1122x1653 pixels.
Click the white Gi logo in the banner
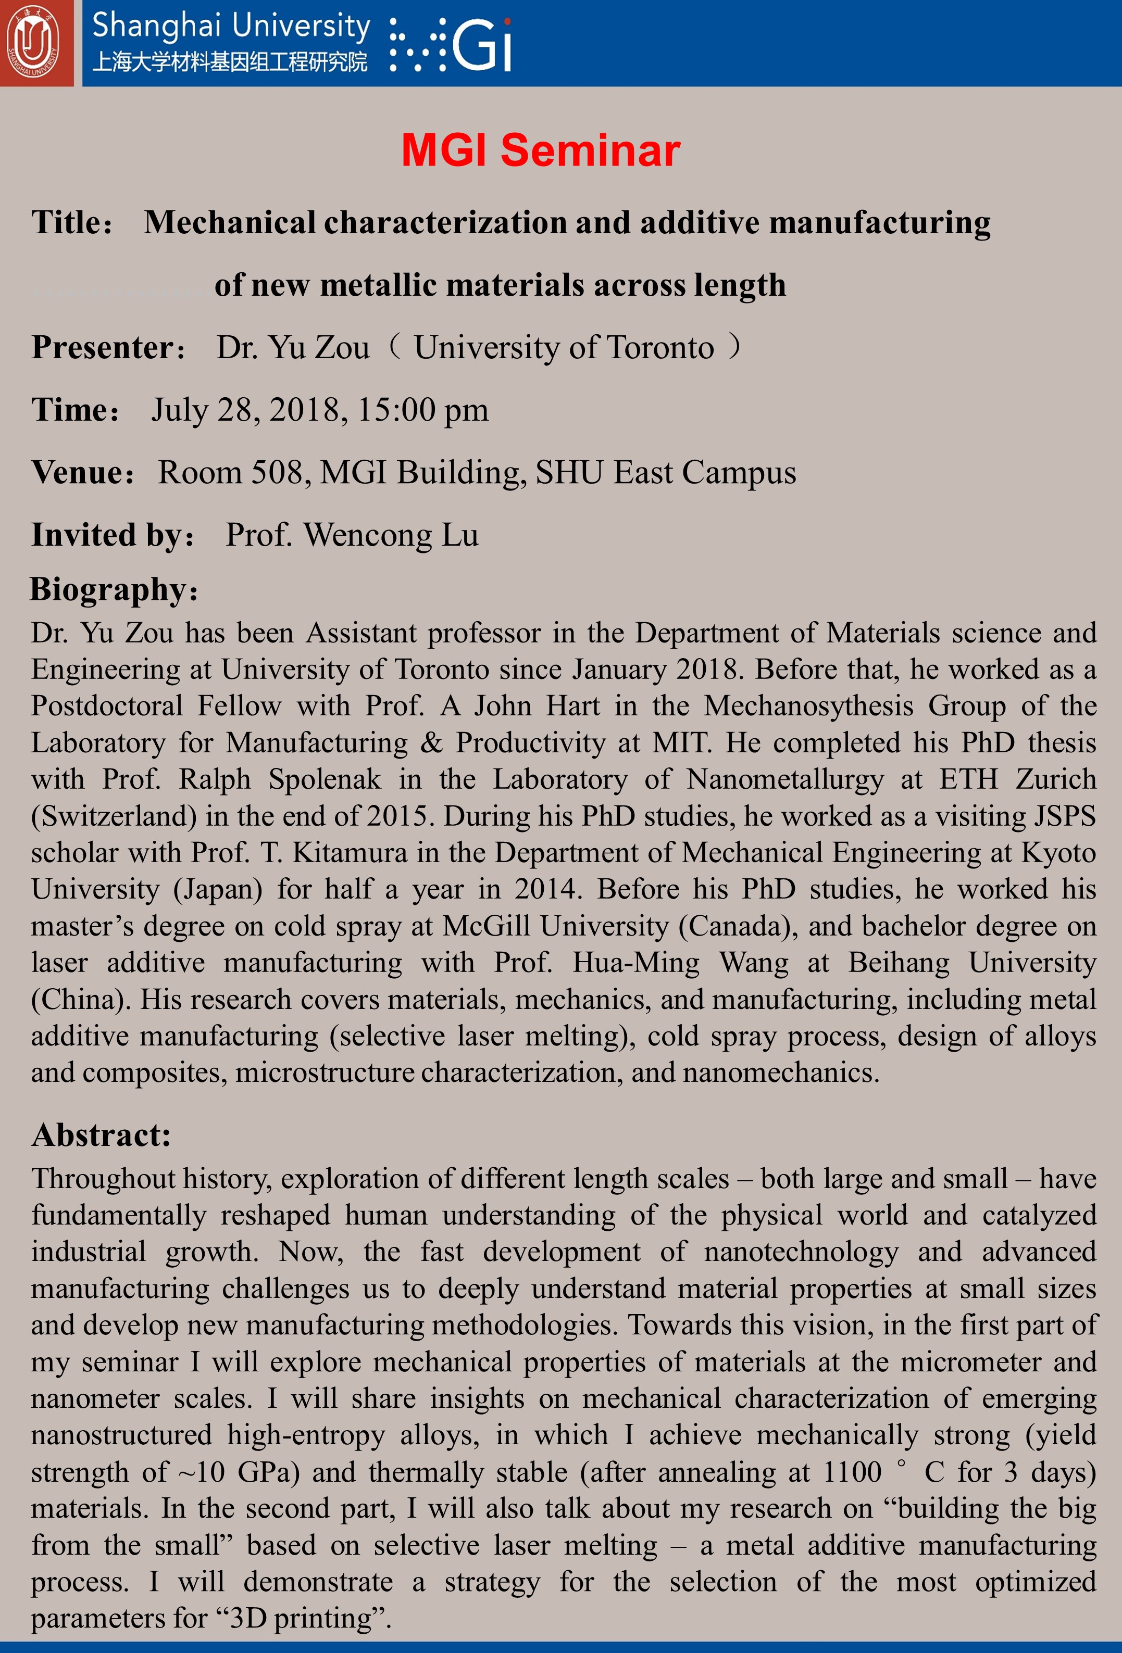(x=482, y=44)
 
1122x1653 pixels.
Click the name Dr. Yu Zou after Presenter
(x=293, y=348)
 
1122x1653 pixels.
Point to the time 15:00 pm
(x=422, y=410)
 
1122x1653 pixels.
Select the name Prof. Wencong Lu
(x=352, y=535)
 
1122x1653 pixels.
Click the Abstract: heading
(x=101, y=1134)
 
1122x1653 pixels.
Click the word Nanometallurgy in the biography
(x=785, y=779)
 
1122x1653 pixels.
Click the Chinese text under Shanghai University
(x=230, y=62)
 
